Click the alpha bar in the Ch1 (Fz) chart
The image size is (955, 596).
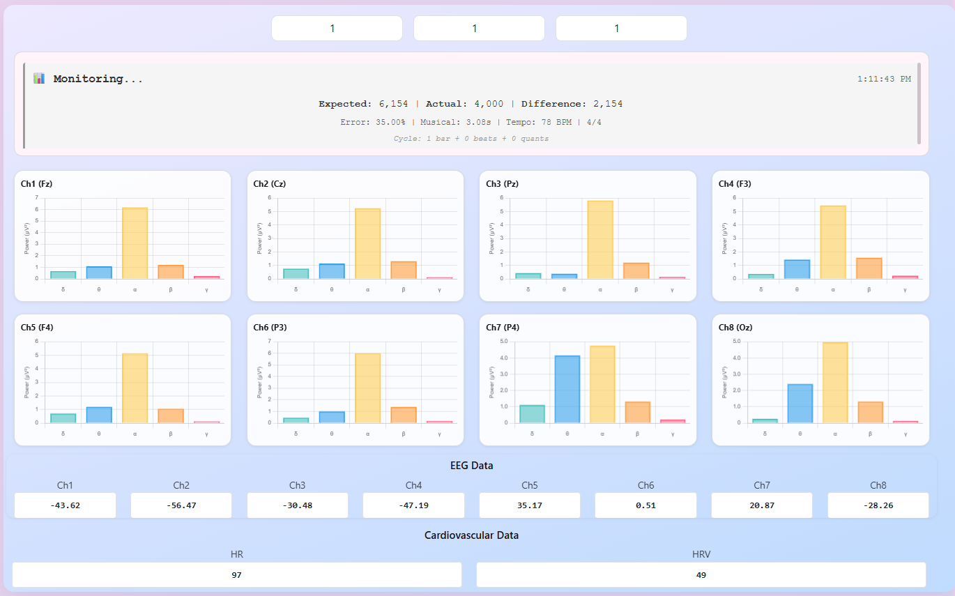(135, 243)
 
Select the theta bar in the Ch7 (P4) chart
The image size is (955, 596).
(567, 389)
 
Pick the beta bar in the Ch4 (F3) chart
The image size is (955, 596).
(869, 268)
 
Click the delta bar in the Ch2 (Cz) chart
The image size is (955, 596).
(296, 273)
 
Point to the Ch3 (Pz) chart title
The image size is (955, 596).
(502, 184)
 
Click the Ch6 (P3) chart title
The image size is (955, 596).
(270, 328)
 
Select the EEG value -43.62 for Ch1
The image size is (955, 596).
(66, 505)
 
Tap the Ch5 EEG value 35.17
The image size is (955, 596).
(530, 505)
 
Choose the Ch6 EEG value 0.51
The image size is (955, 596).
(645, 505)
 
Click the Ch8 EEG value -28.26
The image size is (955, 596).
(878, 505)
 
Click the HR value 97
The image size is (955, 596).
(237, 575)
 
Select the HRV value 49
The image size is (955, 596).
(701, 575)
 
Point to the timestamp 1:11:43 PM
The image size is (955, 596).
(884, 79)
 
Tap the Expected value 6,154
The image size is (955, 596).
(393, 104)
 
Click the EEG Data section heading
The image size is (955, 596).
(471, 466)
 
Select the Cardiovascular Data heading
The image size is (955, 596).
(471, 535)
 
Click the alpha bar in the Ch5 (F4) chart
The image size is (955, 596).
(135, 388)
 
